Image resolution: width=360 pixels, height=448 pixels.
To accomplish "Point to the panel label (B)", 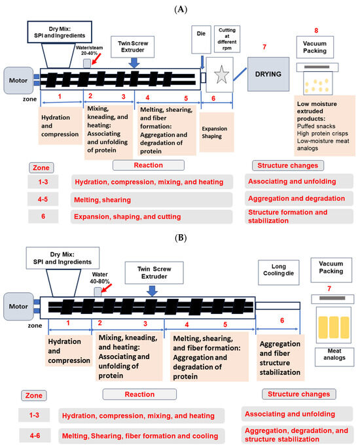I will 180,239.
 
